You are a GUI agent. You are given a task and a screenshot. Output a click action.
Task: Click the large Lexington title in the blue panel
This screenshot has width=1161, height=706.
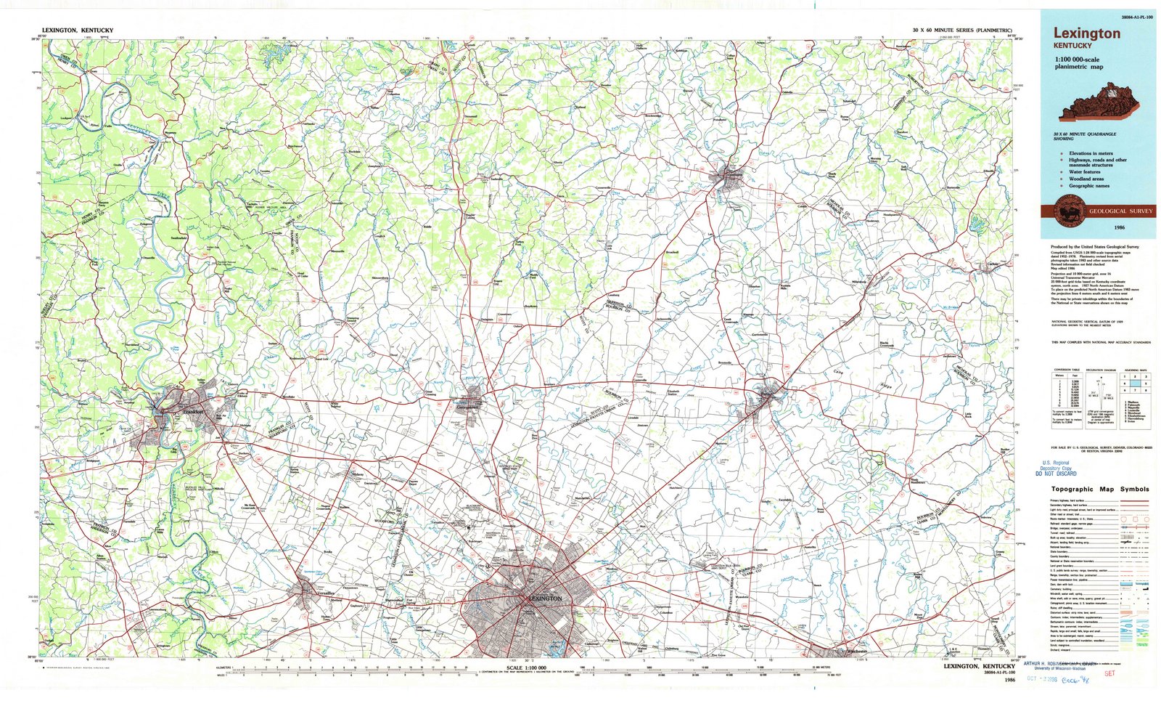tap(1086, 33)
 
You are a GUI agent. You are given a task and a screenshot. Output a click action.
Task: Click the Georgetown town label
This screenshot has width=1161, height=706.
tap(468, 407)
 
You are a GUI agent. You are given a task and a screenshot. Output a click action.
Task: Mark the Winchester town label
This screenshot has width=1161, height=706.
tap(850, 651)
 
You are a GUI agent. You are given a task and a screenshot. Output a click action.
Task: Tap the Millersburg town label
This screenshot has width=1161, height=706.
tap(862, 281)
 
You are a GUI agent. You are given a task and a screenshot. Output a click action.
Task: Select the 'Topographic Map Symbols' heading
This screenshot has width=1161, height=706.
tap(1100, 489)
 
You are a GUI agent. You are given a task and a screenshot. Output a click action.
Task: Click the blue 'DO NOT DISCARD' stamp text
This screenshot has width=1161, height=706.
tap(1055, 474)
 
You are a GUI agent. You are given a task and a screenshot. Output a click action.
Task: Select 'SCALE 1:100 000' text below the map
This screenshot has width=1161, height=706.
tap(525, 667)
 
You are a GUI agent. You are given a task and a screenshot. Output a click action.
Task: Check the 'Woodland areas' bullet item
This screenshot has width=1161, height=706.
tap(1086, 179)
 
